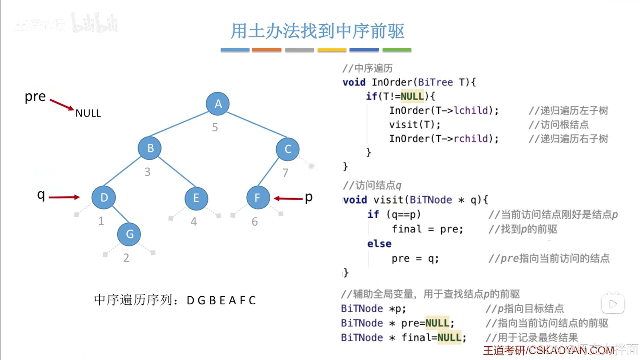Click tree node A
click(x=217, y=104)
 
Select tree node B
click(x=150, y=148)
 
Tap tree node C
click(x=287, y=149)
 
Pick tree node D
click(x=104, y=198)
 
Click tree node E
click(x=196, y=198)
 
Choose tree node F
click(x=258, y=198)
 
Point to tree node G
click(x=129, y=234)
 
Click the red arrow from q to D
click(x=64, y=197)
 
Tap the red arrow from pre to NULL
click(x=62, y=104)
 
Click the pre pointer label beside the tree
click(x=35, y=96)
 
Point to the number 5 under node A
click(x=215, y=127)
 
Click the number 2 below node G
click(x=126, y=258)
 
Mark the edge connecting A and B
click(x=179, y=124)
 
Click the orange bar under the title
click(x=266, y=50)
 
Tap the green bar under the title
click(x=397, y=50)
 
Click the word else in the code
click(x=379, y=244)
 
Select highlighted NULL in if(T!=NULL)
click(x=412, y=96)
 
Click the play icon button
click(x=613, y=304)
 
